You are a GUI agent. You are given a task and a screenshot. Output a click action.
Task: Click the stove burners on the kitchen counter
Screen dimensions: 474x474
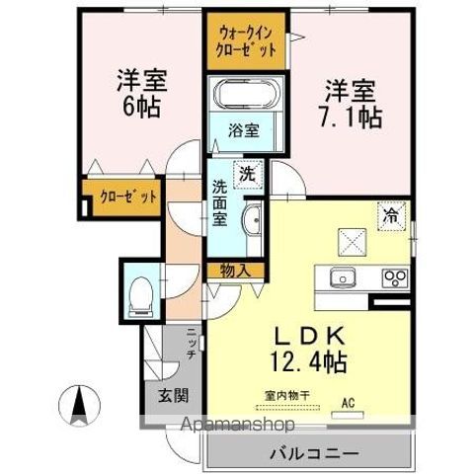coord(395,276)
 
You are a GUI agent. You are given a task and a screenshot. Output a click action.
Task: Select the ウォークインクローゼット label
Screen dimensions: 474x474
coord(247,39)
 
